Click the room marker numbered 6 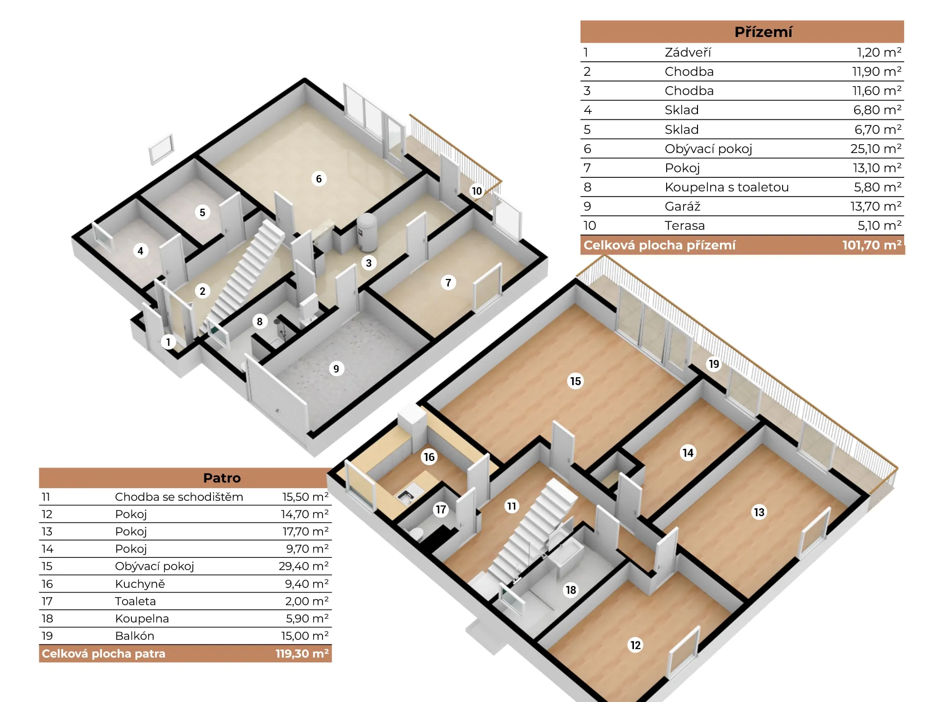click(319, 179)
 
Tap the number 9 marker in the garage click(336, 369)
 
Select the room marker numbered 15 click(575, 381)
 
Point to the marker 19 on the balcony click(714, 364)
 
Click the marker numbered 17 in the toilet click(441, 510)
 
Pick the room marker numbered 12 click(635, 645)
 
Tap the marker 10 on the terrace click(477, 191)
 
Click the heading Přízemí click(763, 32)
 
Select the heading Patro click(222, 478)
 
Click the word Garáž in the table click(683, 206)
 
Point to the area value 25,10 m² click(876, 149)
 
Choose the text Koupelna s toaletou click(726, 187)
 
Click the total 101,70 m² click(872, 245)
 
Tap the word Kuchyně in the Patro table click(140, 584)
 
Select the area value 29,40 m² click(304, 566)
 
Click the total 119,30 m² click(302, 654)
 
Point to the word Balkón click(135, 636)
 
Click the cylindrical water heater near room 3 click(367, 233)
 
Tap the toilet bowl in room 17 click(417, 534)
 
